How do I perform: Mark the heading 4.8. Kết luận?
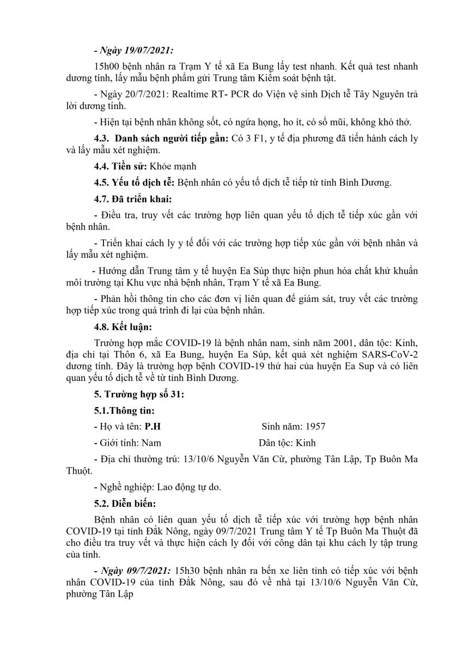(x=123, y=327)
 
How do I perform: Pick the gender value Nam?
(x=151, y=443)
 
